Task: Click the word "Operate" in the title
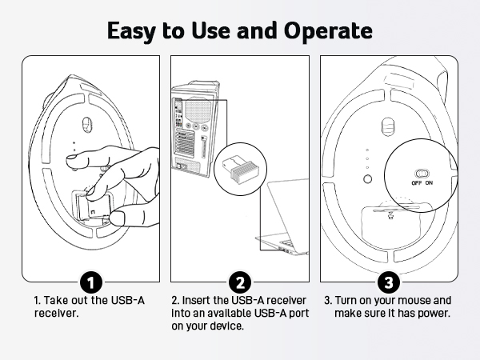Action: pos(329,31)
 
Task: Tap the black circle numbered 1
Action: pos(91,282)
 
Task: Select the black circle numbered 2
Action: pos(239,282)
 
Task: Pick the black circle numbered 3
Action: pos(388,282)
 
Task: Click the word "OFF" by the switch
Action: pos(417,183)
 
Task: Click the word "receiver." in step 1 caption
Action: pos(53,314)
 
